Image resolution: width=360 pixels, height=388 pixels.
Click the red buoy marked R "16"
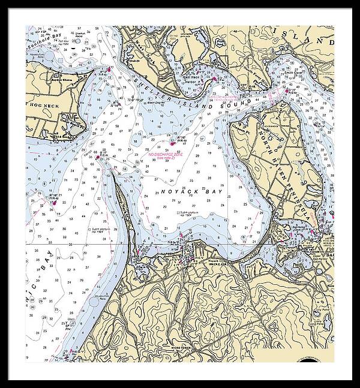click(172, 143)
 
